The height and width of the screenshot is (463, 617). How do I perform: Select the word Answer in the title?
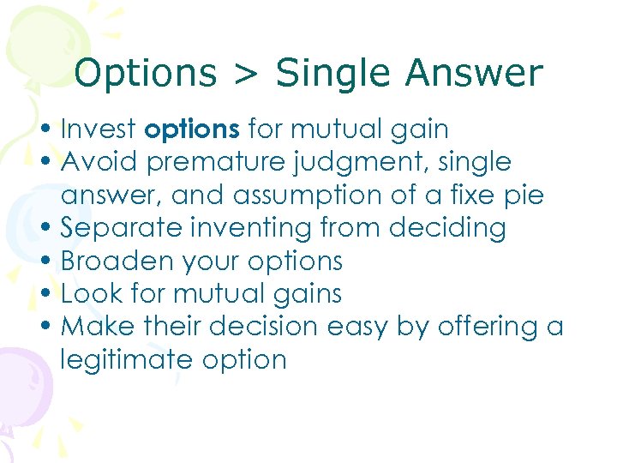[475, 75]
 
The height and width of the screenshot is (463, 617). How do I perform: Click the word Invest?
[99, 129]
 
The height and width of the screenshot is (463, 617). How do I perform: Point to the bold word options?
[192, 130]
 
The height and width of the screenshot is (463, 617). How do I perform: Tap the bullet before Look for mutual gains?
[51, 294]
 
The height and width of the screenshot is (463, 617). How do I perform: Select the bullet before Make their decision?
[51, 327]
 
